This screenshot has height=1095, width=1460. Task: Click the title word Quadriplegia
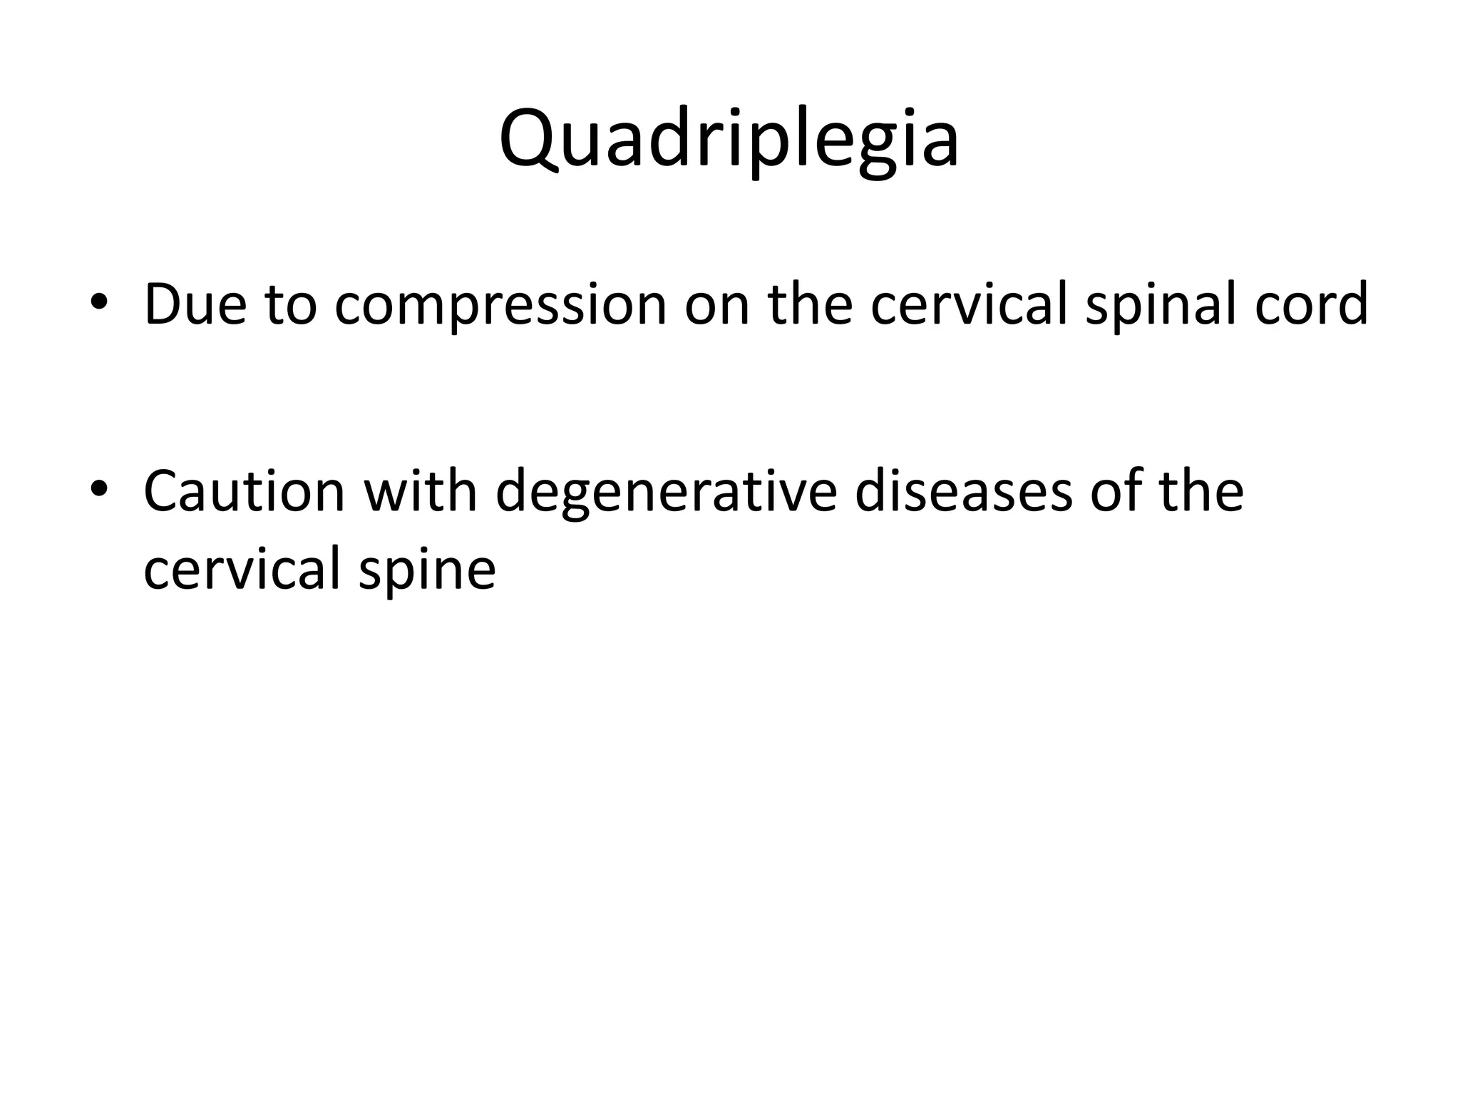729,139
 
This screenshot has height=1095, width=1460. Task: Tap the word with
420,491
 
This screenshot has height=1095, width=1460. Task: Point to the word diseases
963,491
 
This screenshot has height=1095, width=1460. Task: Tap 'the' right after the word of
1201,491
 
